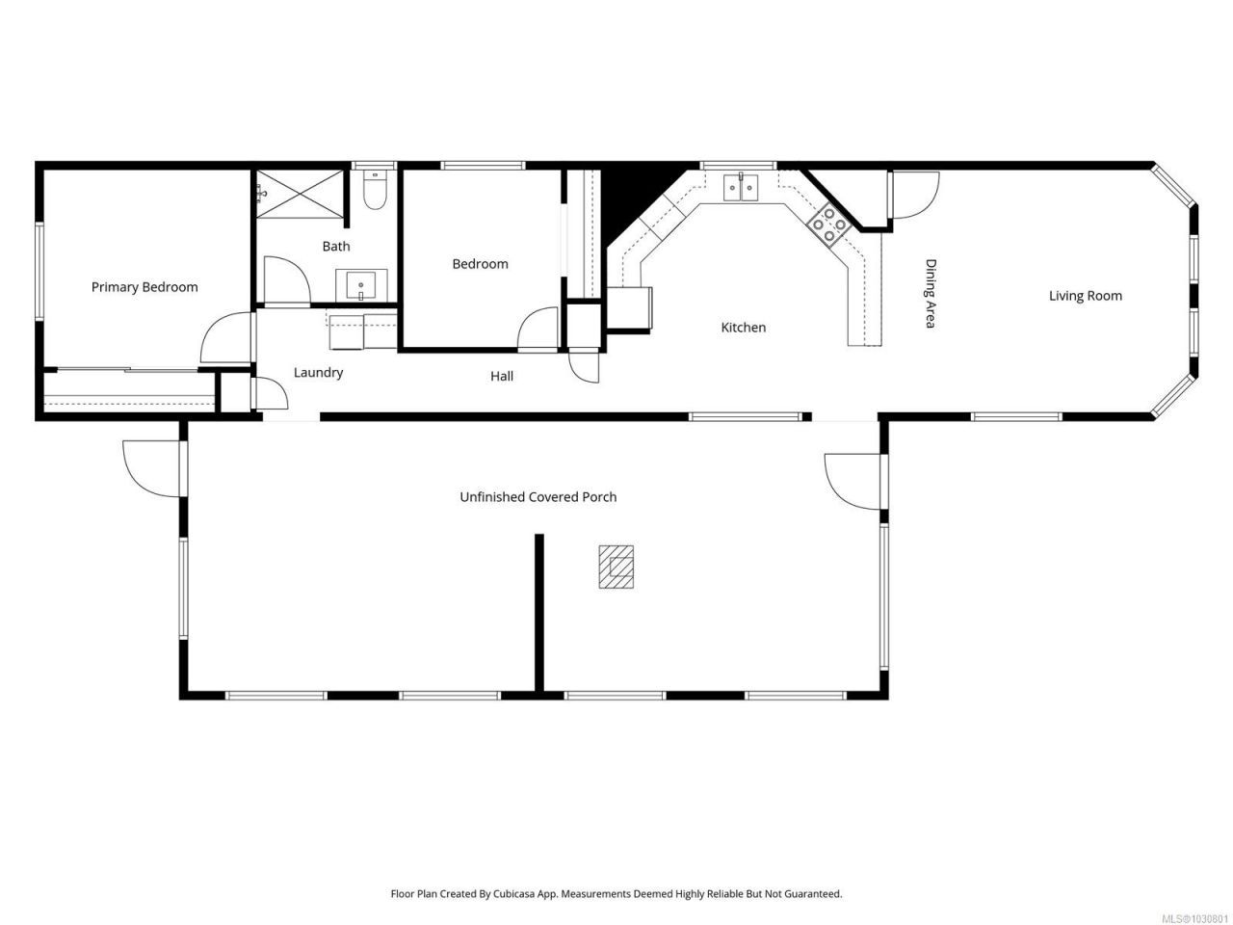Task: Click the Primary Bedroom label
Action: [144, 287]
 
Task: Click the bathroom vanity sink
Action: [361, 285]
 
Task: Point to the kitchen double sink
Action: [741, 187]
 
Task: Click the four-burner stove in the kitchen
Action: [829, 225]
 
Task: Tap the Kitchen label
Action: [743, 328]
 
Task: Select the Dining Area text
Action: [931, 293]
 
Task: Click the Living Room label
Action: [1085, 296]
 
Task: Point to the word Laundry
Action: [318, 372]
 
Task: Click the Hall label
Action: [501, 377]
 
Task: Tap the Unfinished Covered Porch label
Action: [538, 497]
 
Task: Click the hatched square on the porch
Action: [616, 567]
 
